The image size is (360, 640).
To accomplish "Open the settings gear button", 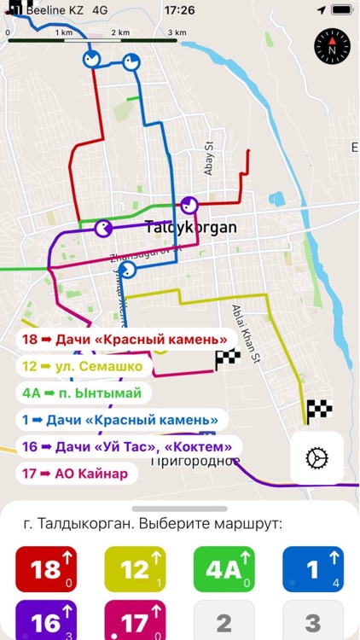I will click(316, 458).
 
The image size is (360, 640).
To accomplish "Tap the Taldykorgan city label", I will click(189, 229).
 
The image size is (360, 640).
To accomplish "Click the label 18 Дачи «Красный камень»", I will click(125, 340).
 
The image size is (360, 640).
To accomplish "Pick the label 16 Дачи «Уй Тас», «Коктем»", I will click(129, 446).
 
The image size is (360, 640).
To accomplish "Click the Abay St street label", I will click(208, 158).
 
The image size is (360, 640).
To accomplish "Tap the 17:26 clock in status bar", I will click(179, 10).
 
